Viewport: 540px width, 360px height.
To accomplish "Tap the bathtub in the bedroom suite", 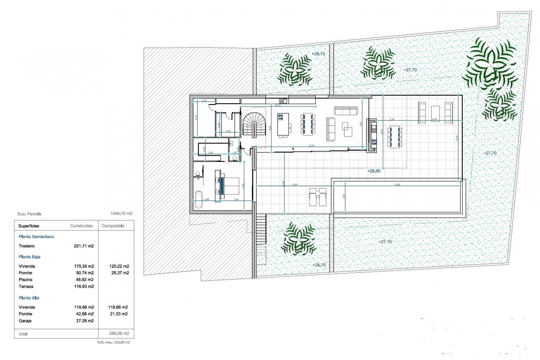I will [199, 199].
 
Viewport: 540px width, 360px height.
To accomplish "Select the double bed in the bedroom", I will [229, 186].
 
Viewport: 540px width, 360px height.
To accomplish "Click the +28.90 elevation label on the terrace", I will [374, 171].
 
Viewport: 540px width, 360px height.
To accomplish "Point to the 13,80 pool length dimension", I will [397, 184].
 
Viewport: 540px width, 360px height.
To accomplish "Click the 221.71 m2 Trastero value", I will [84, 246].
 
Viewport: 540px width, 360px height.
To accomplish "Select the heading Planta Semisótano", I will [36, 237].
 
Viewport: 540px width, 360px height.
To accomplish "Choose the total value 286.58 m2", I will [119, 334].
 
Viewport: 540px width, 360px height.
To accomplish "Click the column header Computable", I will [113, 226].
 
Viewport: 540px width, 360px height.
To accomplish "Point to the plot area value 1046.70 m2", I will [121, 213].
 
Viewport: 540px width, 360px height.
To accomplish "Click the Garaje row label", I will [25, 321].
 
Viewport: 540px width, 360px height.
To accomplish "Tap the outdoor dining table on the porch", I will [394, 137].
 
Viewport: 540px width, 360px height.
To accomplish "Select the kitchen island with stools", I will [283, 125].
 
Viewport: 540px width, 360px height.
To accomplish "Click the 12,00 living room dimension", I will [311, 146].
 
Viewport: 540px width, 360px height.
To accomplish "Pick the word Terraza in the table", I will [26, 287].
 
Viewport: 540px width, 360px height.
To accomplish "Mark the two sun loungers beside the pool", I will [318, 197].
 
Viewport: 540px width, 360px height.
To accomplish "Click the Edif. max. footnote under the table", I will [114, 342].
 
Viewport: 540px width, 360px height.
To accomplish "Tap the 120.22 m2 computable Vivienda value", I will [119, 266].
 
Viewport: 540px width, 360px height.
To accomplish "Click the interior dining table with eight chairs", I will [308, 124].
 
